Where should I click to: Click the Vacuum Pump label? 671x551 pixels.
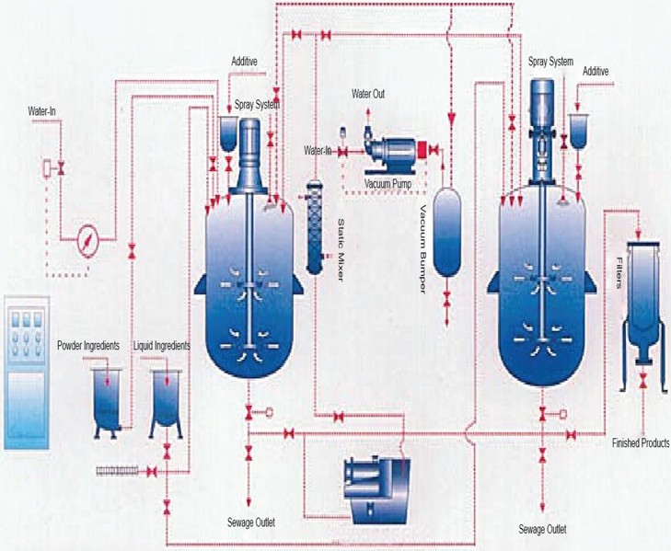click(385, 183)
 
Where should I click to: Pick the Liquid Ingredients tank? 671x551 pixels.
click(166, 397)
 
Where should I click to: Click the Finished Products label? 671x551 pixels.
click(640, 443)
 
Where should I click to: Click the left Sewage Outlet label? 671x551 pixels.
click(249, 522)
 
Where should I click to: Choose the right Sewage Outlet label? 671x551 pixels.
click(542, 529)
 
